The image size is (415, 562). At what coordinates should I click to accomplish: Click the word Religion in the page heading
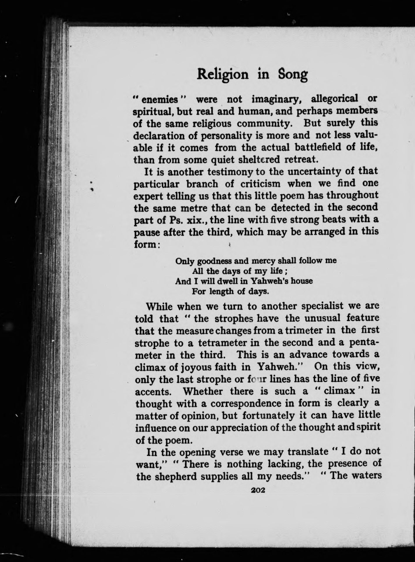tap(223, 75)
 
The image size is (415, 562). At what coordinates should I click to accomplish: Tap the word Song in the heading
tap(293, 75)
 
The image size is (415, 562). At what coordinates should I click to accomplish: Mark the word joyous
tap(198, 367)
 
